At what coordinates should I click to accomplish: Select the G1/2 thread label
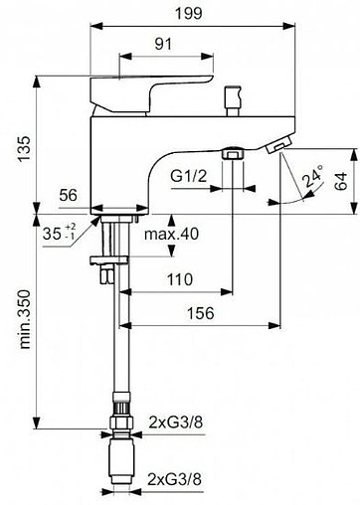pyautogui.click(x=189, y=176)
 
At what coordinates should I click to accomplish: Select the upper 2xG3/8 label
pyautogui.click(x=175, y=421)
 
